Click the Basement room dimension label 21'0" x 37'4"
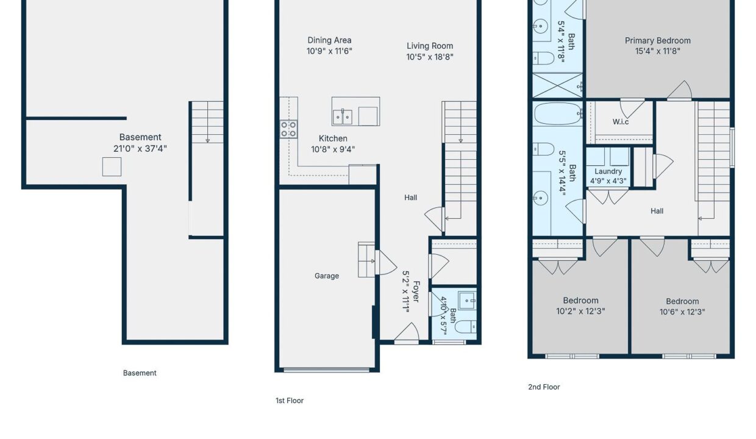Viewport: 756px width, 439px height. point(140,149)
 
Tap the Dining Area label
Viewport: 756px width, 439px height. point(329,40)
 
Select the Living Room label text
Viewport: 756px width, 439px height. point(430,46)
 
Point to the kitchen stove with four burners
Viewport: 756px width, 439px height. point(288,129)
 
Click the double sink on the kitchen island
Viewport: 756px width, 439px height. point(343,116)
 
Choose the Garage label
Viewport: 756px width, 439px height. point(327,276)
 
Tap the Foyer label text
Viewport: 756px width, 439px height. point(416,291)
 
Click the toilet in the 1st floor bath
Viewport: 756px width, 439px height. point(465,327)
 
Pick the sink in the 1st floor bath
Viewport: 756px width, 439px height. point(468,301)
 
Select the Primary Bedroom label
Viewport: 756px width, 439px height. point(657,40)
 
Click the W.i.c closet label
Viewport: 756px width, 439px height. point(621,122)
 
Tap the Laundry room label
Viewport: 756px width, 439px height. point(608,171)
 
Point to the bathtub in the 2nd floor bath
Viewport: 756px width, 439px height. point(557,114)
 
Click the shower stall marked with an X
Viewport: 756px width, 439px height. point(557,85)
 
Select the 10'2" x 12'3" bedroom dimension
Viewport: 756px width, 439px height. point(580,311)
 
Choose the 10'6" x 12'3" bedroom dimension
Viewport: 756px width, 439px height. point(682,312)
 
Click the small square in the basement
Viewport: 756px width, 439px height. point(112,166)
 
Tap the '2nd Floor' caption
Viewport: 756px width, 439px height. point(544,387)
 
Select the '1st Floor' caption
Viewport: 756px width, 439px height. point(289,401)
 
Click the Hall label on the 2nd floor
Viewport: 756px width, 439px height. point(657,211)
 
